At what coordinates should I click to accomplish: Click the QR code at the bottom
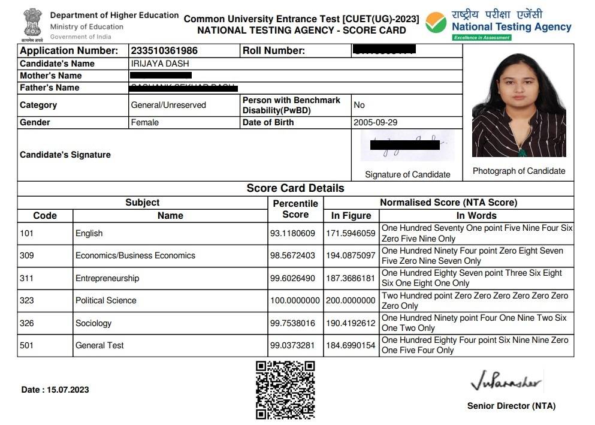pyautogui.click(x=285, y=390)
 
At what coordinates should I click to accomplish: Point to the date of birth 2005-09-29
pyautogui.click(x=376, y=122)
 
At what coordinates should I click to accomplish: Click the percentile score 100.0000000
pyautogui.click(x=295, y=300)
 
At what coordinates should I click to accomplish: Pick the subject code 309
pyautogui.click(x=27, y=255)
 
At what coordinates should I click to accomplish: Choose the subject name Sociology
pyautogui.click(x=93, y=323)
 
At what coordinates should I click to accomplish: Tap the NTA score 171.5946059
pyautogui.click(x=351, y=233)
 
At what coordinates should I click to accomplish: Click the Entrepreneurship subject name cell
pyautogui.click(x=107, y=278)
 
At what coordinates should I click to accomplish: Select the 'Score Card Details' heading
pyautogui.click(x=295, y=188)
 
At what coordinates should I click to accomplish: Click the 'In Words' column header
pyautogui.click(x=476, y=216)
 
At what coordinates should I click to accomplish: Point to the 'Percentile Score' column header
pyautogui.click(x=295, y=209)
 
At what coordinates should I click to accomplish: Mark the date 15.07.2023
pyautogui.click(x=55, y=390)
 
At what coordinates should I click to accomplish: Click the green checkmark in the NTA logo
pyautogui.click(x=436, y=23)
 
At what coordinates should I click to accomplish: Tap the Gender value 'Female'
pyautogui.click(x=145, y=122)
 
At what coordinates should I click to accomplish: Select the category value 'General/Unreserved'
pyautogui.click(x=168, y=105)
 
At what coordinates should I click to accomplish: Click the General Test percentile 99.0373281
pyautogui.click(x=295, y=345)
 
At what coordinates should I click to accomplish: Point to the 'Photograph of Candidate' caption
pyautogui.click(x=519, y=171)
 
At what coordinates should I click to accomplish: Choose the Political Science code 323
pyautogui.click(x=27, y=300)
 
